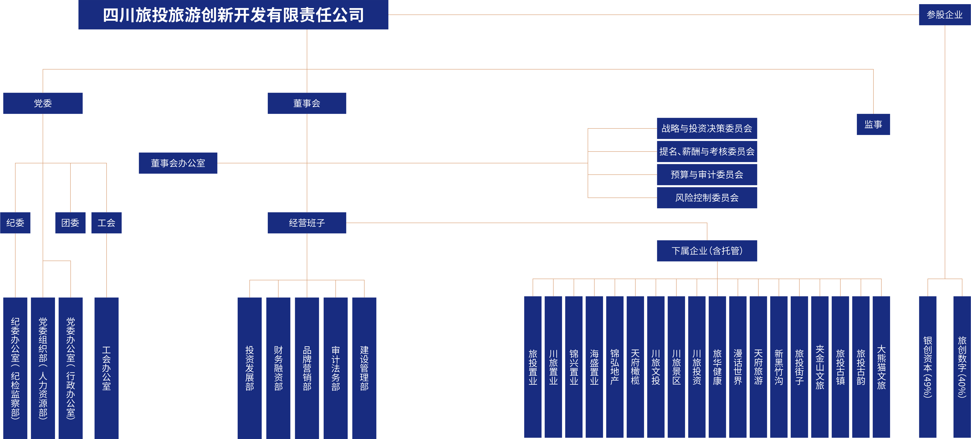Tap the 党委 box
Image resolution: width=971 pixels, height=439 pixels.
pos(43,103)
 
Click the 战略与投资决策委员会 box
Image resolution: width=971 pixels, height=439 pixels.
pos(706,128)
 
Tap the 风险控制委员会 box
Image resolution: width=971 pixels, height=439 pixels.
pos(706,198)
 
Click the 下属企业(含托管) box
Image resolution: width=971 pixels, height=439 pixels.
pos(706,251)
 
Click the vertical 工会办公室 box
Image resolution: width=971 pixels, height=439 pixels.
pos(106,368)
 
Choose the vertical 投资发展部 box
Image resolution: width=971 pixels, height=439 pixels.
pos(249,368)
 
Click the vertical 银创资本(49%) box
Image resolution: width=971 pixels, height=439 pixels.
pos(927,367)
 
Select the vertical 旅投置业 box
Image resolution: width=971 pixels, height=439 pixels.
pos(532,367)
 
